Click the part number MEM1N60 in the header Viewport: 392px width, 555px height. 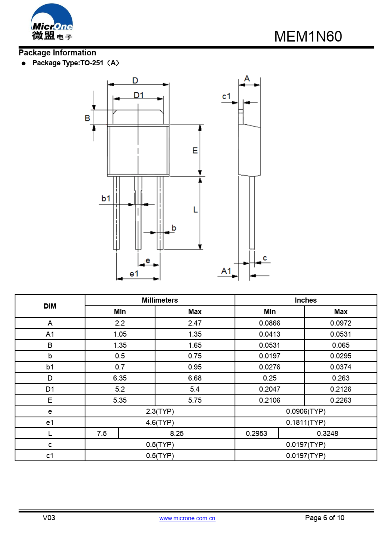point(308,36)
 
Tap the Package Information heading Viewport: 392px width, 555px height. point(57,53)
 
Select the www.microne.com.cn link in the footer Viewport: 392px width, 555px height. point(187,518)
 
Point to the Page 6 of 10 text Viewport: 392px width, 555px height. point(324,518)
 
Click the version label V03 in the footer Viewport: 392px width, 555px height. point(49,518)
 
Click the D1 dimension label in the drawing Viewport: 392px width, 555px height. point(138,95)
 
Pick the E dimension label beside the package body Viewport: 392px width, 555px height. point(195,151)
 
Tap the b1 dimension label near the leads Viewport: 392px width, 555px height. point(106,199)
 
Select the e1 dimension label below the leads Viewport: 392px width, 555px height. point(134,274)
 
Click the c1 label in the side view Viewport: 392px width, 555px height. point(226,96)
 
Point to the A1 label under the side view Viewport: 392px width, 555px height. point(226,271)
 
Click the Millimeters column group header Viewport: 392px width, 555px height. point(160,300)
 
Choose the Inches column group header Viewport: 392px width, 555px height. point(305,300)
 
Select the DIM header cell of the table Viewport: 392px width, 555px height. point(50,306)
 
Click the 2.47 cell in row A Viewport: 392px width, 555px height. point(195,323)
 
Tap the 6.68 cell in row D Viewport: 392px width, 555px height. point(195,378)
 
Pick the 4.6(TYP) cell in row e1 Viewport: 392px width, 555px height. point(160,422)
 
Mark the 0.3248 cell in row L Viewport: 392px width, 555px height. point(327,434)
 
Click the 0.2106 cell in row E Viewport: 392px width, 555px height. point(269,400)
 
